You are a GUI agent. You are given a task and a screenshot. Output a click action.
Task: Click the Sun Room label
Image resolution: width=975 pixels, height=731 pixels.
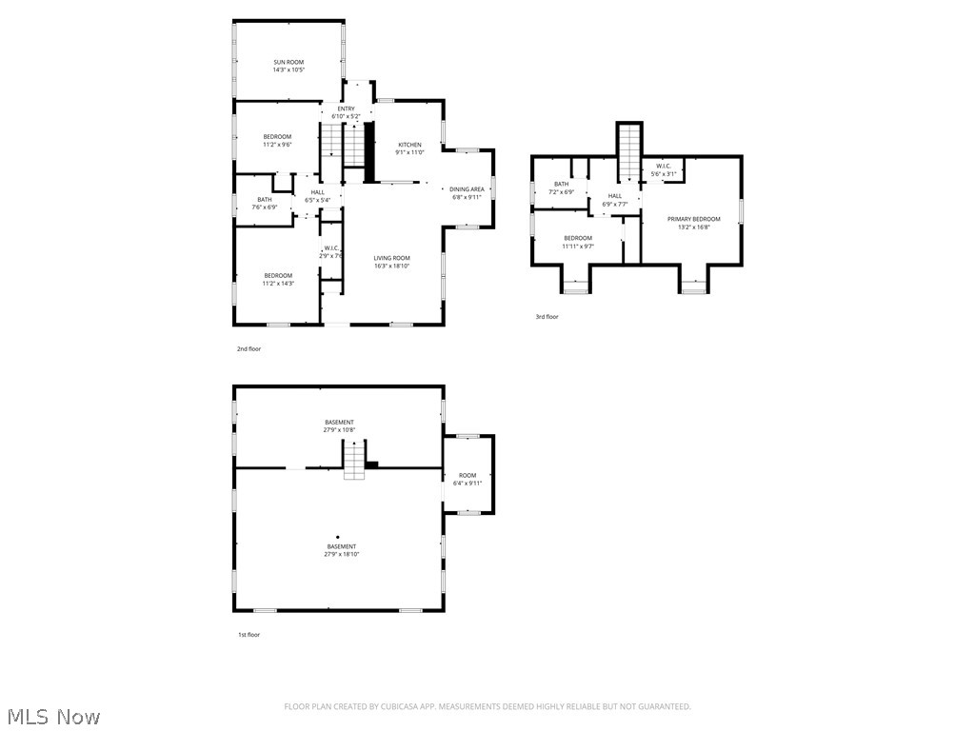click(289, 66)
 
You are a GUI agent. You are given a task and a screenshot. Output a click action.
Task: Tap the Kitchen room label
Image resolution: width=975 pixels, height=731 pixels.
click(409, 148)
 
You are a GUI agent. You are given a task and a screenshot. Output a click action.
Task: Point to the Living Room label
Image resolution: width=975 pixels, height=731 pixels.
click(391, 262)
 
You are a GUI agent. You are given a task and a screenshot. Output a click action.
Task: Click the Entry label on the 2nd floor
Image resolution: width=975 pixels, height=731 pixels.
click(346, 112)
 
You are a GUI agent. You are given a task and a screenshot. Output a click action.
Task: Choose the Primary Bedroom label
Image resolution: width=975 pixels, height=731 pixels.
click(693, 223)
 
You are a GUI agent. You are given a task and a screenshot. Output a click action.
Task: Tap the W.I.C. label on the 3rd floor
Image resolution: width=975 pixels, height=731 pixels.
click(664, 169)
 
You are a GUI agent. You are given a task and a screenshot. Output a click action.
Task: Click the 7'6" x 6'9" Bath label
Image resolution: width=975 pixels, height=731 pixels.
click(264, 203)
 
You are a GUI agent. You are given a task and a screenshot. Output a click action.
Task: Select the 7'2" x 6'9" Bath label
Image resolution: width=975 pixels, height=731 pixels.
click(561, 188)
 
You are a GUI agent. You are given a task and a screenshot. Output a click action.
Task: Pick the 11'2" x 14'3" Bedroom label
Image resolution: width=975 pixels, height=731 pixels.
click(278, 279)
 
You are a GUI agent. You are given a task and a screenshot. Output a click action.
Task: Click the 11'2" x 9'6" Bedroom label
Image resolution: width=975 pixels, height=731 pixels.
click(277, 141)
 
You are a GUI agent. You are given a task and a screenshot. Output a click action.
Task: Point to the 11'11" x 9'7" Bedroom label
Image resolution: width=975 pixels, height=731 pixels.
click(578, 242)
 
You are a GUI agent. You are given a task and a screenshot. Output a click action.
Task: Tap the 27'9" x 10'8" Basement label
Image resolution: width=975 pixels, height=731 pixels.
click(339, 425)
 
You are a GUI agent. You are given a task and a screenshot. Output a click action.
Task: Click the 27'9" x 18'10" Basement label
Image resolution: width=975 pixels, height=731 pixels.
click(341, 550)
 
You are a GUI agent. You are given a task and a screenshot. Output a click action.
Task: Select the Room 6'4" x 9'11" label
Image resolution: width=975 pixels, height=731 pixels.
click(468, 479)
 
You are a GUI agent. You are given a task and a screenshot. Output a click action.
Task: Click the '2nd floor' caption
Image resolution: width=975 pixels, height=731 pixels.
click(249, 349)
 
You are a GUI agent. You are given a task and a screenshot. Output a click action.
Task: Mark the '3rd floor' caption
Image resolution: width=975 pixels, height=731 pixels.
click(547, 317)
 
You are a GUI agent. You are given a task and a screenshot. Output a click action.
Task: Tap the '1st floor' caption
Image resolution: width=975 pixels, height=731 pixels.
click(249, 635)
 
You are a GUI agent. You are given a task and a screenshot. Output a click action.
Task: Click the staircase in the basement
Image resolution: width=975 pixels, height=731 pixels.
click(354, 462)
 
